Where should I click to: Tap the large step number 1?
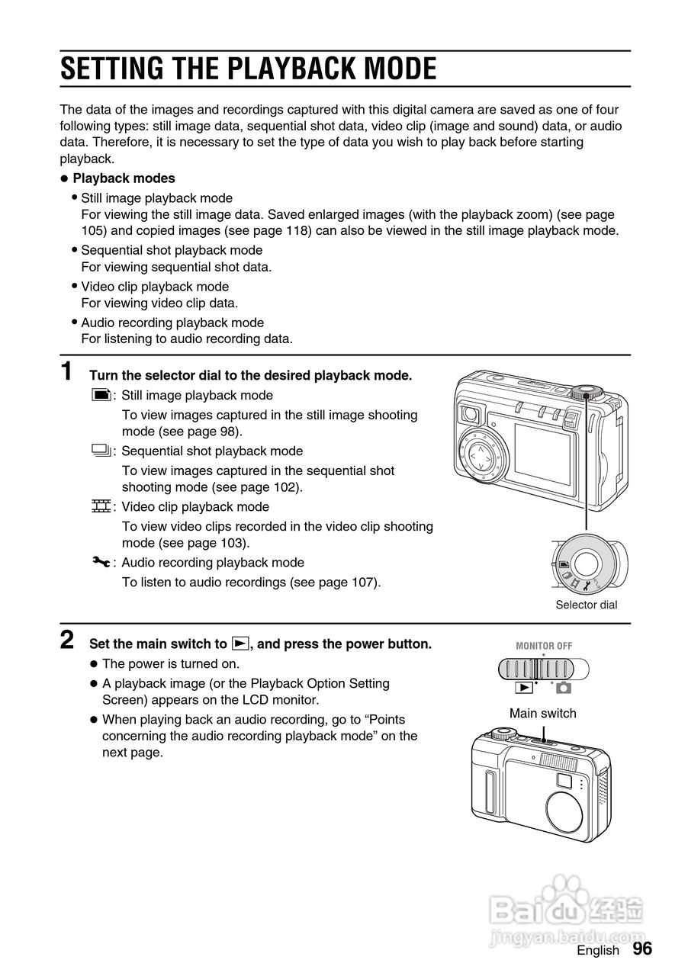tap(67, 372)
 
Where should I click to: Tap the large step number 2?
tap(67, 639)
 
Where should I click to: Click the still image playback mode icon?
tap(100, 395)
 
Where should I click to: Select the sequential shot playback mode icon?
tap(100, 451)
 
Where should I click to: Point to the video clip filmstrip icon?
tap(100, 506)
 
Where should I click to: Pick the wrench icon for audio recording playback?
tap(101, 562)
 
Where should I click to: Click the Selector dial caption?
tap(586, 605)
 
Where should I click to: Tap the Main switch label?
tap(542, 713)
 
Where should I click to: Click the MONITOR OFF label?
tap(543, 646)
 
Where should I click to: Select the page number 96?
tap(642, 949)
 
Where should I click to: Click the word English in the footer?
tap(598, 950)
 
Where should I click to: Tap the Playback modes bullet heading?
tap(124, 178)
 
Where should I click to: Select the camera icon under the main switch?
tap(563, 688)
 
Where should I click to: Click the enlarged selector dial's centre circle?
tap(587, 563)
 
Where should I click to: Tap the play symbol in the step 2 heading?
tap(240, 644)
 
